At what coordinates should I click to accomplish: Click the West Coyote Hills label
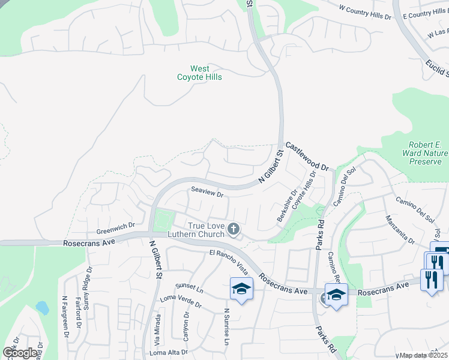click(x=199, y=73)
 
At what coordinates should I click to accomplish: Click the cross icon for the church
click(x=234, y=229)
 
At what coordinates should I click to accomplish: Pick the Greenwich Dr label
click(x=115, y=231)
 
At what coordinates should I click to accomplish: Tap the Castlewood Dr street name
click(x=307, y=156)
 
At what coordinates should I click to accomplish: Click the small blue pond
click(x=41, y=308)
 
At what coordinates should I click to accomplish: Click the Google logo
click(x=20, y=353)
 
